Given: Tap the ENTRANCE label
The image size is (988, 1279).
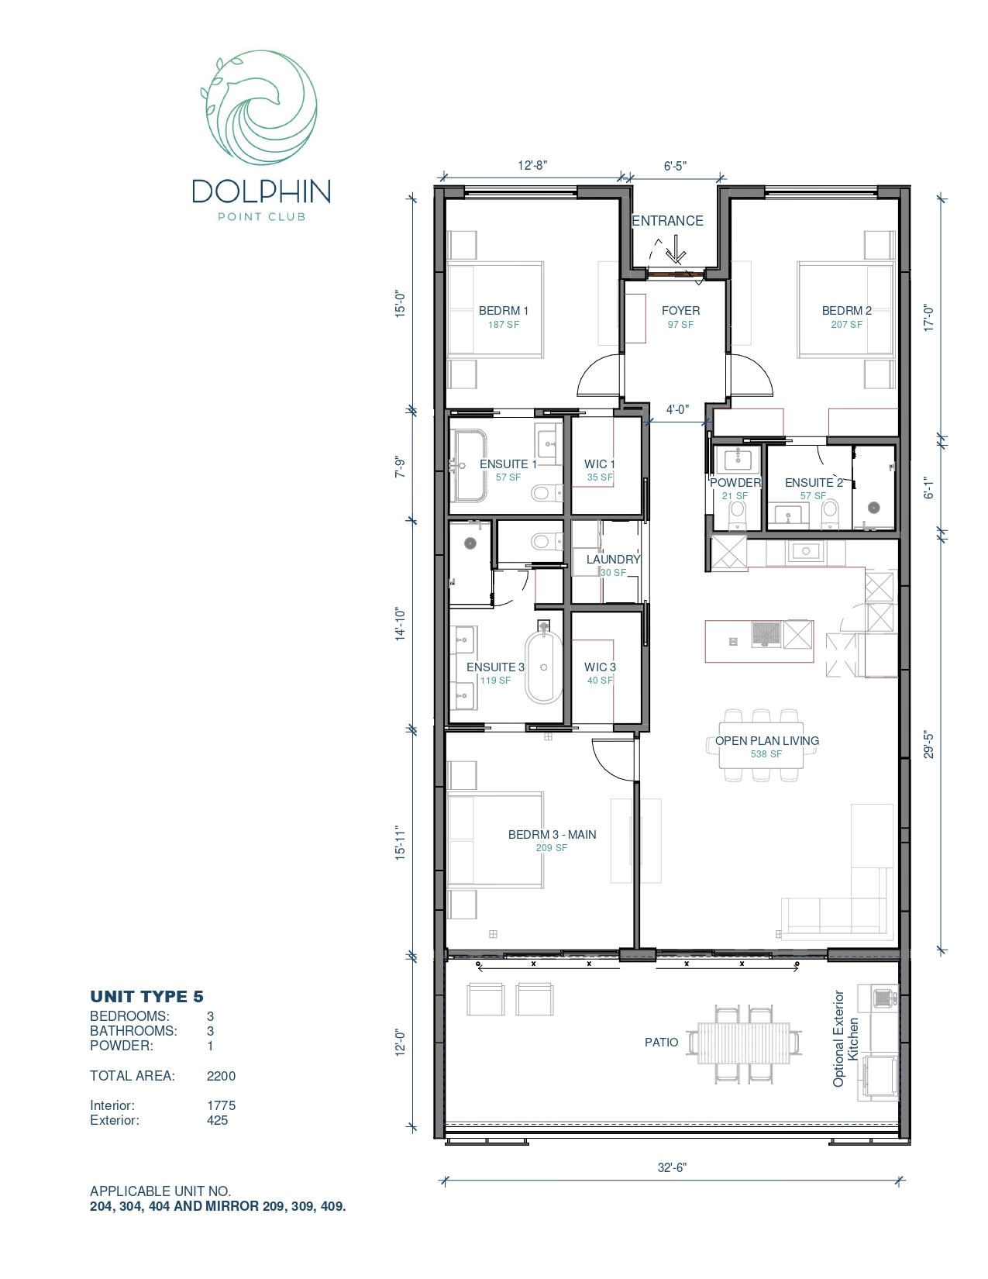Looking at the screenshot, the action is click(667, 221).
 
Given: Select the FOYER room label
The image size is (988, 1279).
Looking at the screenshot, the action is click(680, 310).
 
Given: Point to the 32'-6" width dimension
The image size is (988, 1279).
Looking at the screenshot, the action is click(672, 1167).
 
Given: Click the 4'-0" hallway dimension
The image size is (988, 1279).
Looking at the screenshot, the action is click(677, 409).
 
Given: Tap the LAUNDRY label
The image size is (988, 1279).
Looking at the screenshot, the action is click(613, 559).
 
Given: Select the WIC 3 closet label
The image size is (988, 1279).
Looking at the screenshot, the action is click(600, 667).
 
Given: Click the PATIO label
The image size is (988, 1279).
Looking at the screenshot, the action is click(662, 1043).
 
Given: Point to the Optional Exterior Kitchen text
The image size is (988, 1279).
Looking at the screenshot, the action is click(845, 1039).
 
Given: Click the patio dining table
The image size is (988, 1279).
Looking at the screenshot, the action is click(745, 1043).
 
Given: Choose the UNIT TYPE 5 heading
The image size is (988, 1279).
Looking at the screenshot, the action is click(146, 997).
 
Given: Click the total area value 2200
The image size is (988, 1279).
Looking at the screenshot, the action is click(221, 1076).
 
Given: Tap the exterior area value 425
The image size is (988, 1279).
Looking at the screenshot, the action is click(217, 1120).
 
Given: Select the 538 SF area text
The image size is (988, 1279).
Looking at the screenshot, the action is click(766, 754).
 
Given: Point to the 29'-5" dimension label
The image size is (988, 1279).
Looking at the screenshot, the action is click(928, 745).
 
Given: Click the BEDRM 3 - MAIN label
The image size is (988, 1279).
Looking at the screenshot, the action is click(552, 835).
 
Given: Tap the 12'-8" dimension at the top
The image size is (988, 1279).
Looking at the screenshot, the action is click(532, 165).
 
